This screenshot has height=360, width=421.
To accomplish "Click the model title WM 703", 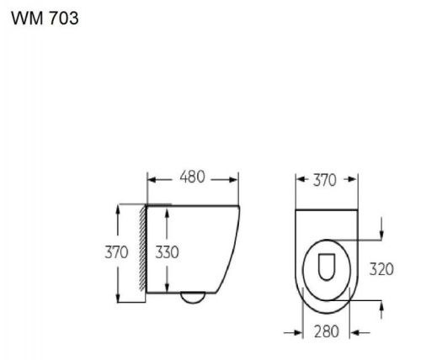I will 45,18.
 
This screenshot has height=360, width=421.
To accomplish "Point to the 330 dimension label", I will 167,251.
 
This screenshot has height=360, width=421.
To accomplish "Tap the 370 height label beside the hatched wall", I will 116,251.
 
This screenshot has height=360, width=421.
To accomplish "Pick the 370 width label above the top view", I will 324,179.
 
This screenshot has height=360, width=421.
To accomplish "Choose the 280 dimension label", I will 328,331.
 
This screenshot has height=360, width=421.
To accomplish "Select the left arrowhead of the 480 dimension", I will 152,178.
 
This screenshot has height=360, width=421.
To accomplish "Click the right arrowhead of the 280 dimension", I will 357,331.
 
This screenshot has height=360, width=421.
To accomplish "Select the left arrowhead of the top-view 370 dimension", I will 300,179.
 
